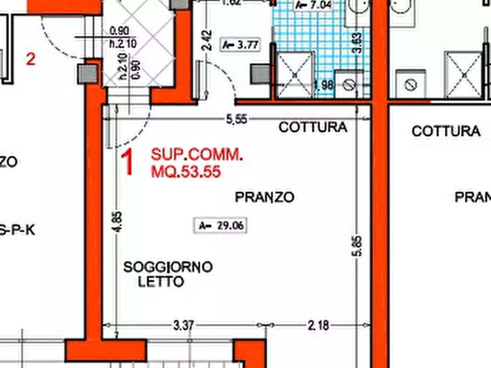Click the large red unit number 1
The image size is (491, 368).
tap(128, 164)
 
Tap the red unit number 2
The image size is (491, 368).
tap(31, 59)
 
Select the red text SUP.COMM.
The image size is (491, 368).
tap(196, 155)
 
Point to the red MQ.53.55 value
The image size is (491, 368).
tap(186, 172)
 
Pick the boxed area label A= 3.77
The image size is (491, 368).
tap(239, 45)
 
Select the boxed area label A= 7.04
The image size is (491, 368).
tap(313, 5)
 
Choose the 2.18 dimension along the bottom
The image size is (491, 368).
tap(318, 326)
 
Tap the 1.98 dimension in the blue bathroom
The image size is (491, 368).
tap(324, 85)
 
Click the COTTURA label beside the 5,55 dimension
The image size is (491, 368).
tap(313, 127)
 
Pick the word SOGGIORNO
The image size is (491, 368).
tap(168, 267)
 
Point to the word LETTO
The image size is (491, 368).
tap(161, 282)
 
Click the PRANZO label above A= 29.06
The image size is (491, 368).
tap(264, 197)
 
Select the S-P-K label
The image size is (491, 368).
tap(16, 231)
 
